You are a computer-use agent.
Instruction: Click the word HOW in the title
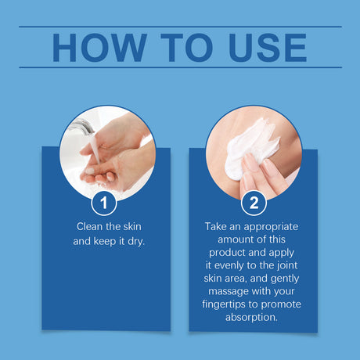[x=99, y=48]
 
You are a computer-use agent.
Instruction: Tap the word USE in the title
[x=268, y=48]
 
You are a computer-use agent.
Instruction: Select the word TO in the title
[x=188, y=48]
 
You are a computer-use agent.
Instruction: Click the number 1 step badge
[x=104, y=203]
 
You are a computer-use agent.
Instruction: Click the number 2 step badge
[x=254, y=203]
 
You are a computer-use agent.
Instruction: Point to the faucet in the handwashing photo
[x=83, y=126]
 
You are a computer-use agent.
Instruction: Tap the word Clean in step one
[x=89, y=226]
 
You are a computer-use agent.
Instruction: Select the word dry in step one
[x=135, y=241]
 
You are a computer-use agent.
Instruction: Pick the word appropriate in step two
[x=271, y=227]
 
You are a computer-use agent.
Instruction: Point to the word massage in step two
[x=225, y=291]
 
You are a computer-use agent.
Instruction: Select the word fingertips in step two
[x=223, y=304]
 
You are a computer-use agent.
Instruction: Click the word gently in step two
[x=285, y=279]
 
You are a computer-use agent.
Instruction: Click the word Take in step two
[x=215, y=226]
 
